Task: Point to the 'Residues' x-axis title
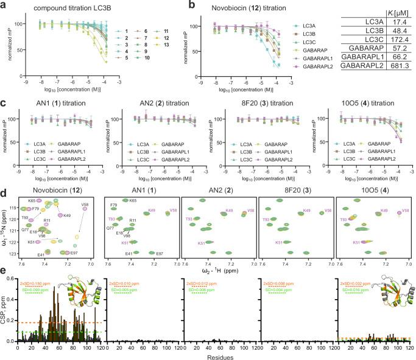[217, 355]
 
